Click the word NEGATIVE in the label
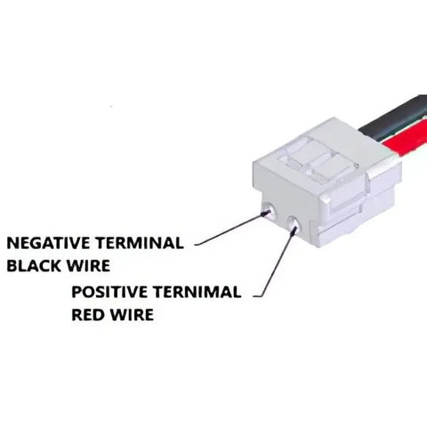(x=48, y=243)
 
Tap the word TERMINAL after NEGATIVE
(x=140, y=243)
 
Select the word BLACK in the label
(x=34, y=266)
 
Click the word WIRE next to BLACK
(x=88, y=266)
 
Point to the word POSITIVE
(x=109, y=292)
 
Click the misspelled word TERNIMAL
(x=197, y=292)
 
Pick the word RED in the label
(x=88, y=315)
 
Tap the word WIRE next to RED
(x=132, y=315)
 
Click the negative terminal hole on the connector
(x=270, y=210)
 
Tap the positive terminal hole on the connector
(x=294, y=224)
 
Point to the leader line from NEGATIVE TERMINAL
(x=231, y=230)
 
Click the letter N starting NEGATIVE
(x=12, y=243)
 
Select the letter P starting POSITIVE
(x=77, y=292)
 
